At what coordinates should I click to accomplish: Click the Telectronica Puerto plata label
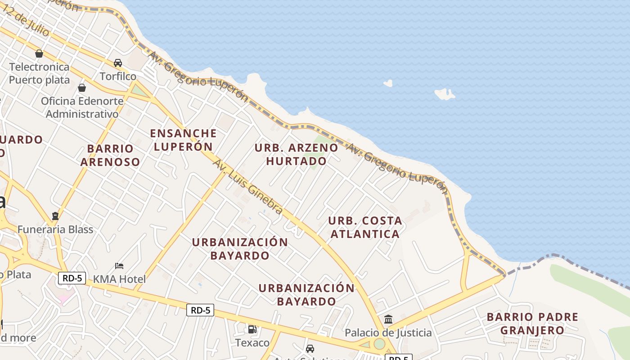click(x=40, y=73)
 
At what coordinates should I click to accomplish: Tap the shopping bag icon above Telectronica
click(x=39, y=54)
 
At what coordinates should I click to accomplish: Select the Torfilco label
click(x=118, y=76)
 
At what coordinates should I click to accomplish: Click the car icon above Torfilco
click(x=118, y=63)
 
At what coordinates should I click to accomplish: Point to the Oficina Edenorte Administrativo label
click(x=82, y=107)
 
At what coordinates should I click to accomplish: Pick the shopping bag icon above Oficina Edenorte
click(x=82, y=88)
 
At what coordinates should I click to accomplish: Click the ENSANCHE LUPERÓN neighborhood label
click(x=183, y=139)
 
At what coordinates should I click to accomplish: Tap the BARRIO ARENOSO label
click(x=110, y=155)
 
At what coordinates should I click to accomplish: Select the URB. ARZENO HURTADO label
click(x=296, y=154)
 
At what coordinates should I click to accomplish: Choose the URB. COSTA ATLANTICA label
click(x=365, y=227)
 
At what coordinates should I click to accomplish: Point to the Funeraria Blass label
click(x=55, y=229)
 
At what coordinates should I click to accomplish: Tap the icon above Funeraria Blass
click(x=55, y=216)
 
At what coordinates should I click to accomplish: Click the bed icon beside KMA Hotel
click(x=119, y=266)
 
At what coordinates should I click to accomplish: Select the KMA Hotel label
click(x=119, y=279)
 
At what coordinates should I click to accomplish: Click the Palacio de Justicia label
click(x=388, y=333)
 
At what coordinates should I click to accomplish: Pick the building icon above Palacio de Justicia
click(x=388, y=319)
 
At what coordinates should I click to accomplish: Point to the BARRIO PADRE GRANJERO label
click(x=532, y=324)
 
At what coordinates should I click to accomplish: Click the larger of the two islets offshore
click(x=445, y=94)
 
